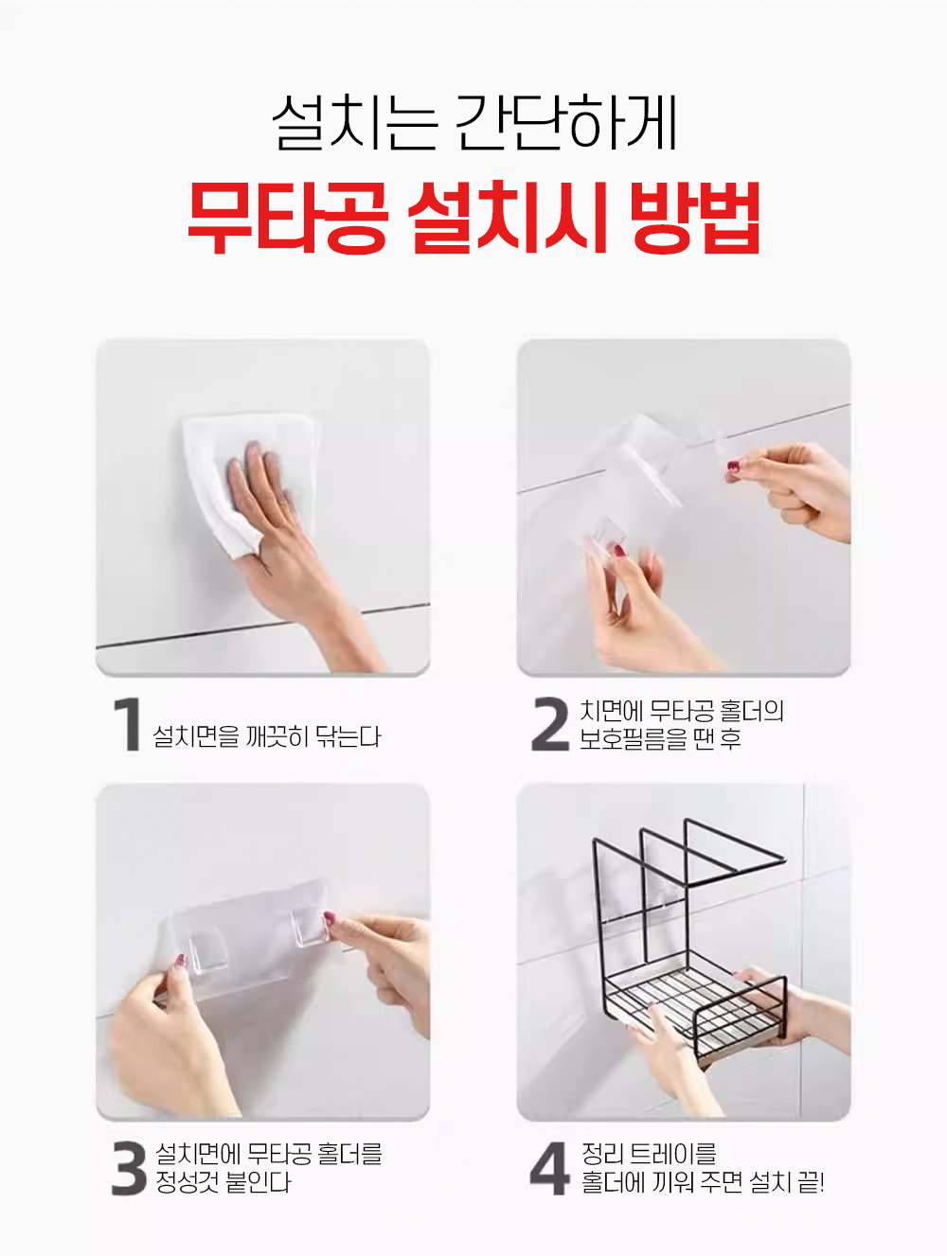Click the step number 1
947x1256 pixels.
[128, 724]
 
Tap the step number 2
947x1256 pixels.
[550, 724]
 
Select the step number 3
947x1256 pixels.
[130, 1168]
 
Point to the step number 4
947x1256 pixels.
[550, 1168]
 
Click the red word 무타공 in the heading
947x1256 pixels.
[288, 218]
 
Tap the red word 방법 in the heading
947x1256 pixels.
[695, 218]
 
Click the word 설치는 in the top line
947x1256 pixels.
[355, 122]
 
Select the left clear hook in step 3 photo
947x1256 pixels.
[207, 950]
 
